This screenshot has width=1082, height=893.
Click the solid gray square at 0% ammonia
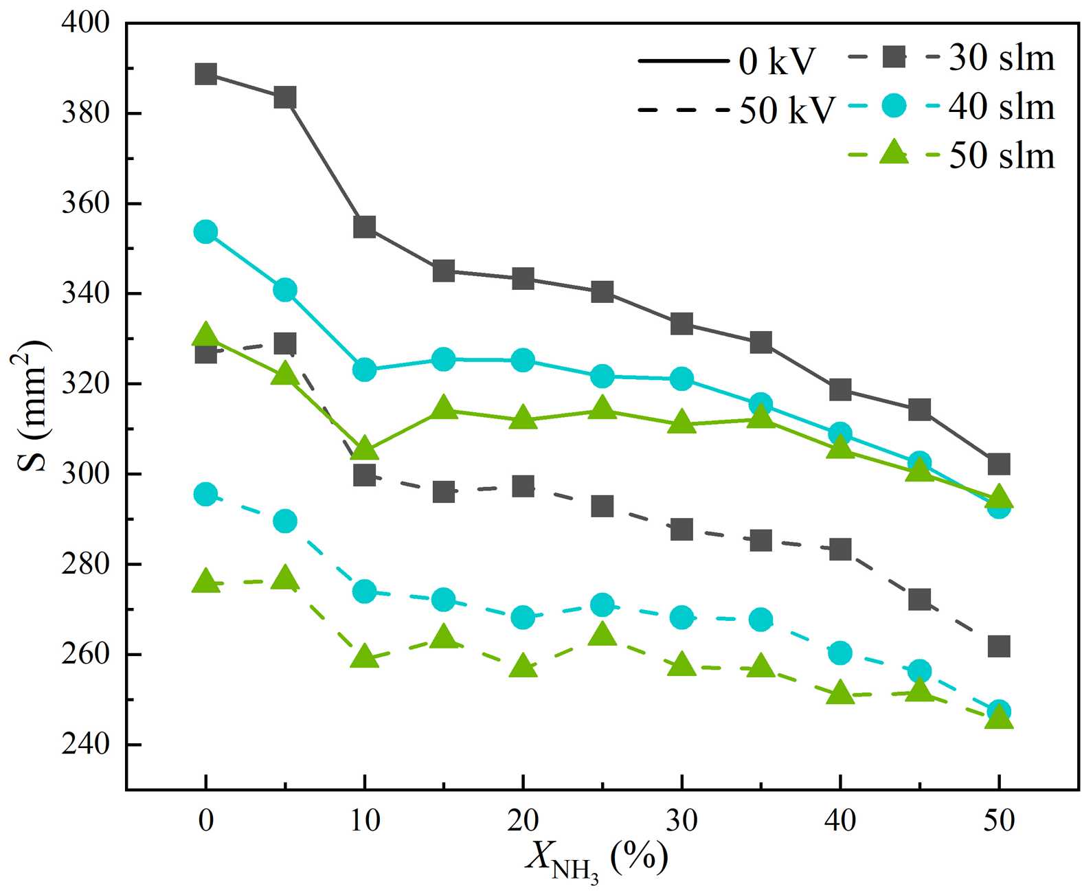click(x=205, y=74)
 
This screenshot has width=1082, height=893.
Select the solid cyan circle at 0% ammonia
click(x=205, y=231)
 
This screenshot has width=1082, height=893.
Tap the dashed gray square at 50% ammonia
click(x=998, y=646)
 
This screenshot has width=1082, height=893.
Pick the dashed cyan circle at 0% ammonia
click(x=205, y=494)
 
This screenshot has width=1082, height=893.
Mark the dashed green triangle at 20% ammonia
click(x=523, y=666)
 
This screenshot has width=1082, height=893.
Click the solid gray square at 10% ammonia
click(x=364, y=227)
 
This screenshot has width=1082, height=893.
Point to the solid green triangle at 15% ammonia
click(x=444, y=408)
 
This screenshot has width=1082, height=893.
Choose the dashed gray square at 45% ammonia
click(x=919, y=600)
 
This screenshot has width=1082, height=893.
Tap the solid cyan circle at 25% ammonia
click(x=602, y=376)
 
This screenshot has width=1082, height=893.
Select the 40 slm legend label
click(x=1002, y=106)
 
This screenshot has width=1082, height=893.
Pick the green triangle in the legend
click(x=894, y=152)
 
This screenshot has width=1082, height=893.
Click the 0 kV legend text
click(x=776, y=62)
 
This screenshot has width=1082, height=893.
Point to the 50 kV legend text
click(x=787, y=110)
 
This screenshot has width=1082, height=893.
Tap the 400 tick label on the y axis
click(x=85, y=23)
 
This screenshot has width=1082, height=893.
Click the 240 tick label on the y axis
click(x=85, y=744)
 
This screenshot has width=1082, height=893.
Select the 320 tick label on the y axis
click(x=85, y=383)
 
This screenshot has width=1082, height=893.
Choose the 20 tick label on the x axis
click(x=523, y=820)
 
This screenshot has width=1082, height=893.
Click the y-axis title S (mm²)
click(x=33, y=405)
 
